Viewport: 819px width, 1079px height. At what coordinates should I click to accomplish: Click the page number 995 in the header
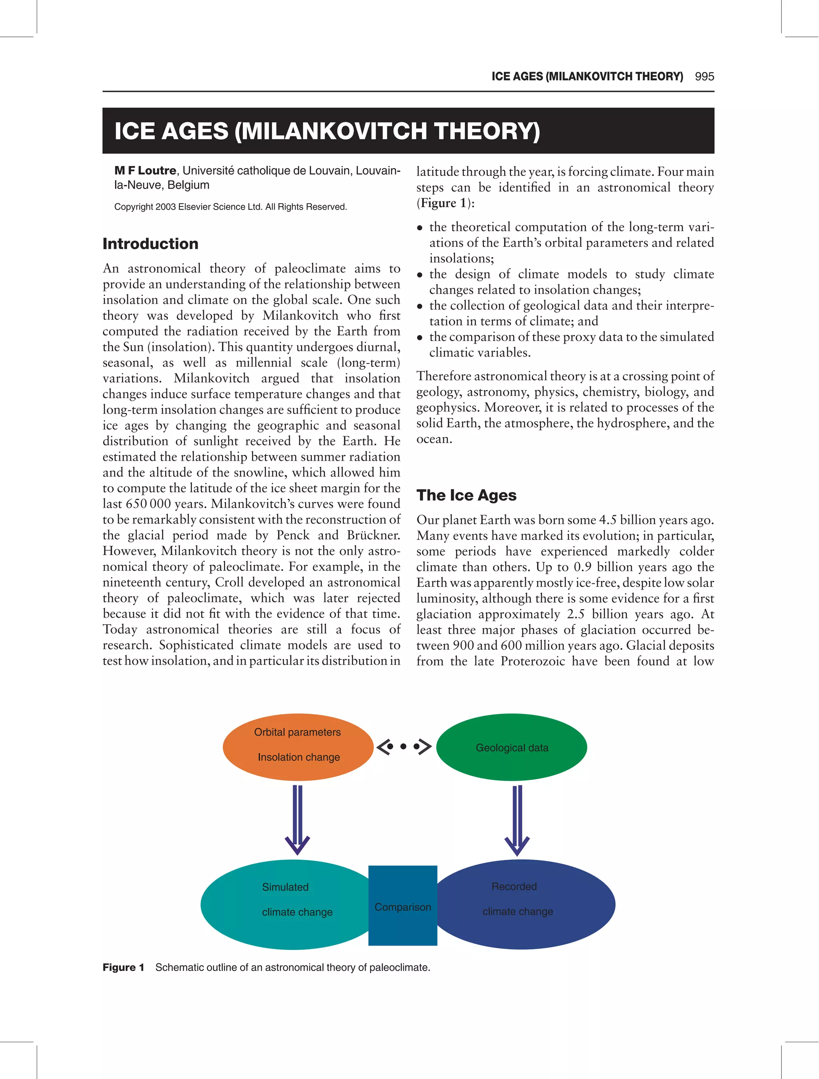click(x=704, y=76)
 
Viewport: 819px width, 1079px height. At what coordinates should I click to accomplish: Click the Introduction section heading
click(x=150, y=244)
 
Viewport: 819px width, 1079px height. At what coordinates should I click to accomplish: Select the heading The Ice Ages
click(x=466, y=495)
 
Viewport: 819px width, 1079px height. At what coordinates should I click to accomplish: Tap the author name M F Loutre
click(x=145, y=171)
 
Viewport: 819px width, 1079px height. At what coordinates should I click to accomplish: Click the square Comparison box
click(x=402, y=905)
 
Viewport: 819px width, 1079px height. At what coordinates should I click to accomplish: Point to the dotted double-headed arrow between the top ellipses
click(x=404, y=747)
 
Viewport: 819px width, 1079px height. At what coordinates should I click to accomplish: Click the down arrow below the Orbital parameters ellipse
click(x=297, y=819)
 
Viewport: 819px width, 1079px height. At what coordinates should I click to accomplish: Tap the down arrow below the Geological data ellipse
click(x=517, y=819)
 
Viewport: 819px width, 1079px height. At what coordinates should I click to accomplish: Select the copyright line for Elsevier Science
click(x=230, y=207)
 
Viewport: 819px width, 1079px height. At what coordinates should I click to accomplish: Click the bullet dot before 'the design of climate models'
click(x=419, y=275)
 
